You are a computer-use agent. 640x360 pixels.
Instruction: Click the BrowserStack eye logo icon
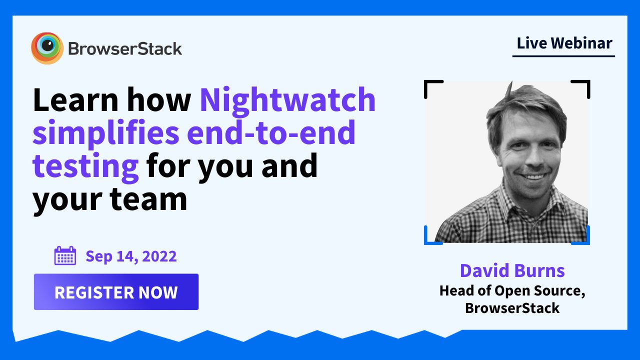(47, 48)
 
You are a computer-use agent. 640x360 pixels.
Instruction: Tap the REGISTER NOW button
(116, 291)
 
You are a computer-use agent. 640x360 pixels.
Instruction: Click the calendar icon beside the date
(65, 255)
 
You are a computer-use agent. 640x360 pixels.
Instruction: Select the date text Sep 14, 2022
(131, 256)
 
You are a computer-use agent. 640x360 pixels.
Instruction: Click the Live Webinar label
(564, 43)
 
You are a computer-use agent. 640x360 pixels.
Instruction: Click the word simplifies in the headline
(105, 133)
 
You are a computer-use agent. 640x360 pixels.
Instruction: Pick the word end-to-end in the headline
(271, 132)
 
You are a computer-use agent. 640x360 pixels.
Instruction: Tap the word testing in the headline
(85, 167)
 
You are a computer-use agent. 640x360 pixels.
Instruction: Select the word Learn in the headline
(75, 99)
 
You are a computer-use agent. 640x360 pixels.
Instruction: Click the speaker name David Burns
(512, 270)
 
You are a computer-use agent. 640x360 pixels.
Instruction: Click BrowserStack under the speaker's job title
(512, 308)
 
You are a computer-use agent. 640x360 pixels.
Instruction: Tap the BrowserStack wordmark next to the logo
(125, 49)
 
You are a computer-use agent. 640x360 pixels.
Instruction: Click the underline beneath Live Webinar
(563, 56)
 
